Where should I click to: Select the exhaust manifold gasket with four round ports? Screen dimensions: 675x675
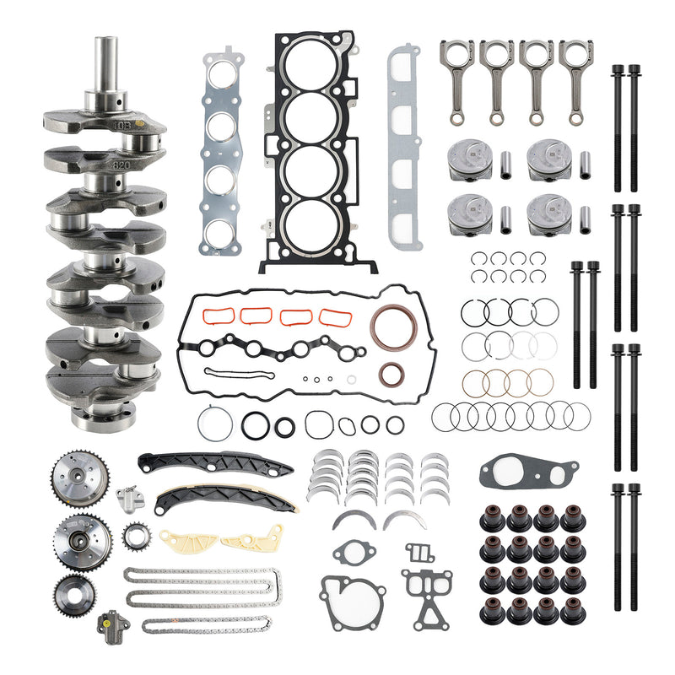click(222, 152)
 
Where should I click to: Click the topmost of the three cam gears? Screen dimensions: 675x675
click(73, 473)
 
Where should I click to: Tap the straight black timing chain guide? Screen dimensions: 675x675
click(215, 463)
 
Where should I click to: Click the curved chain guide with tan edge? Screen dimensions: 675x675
click(224, 499)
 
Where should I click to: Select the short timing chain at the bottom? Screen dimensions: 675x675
click(207, 625)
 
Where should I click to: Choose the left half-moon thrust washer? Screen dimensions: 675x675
click(354, 519)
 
